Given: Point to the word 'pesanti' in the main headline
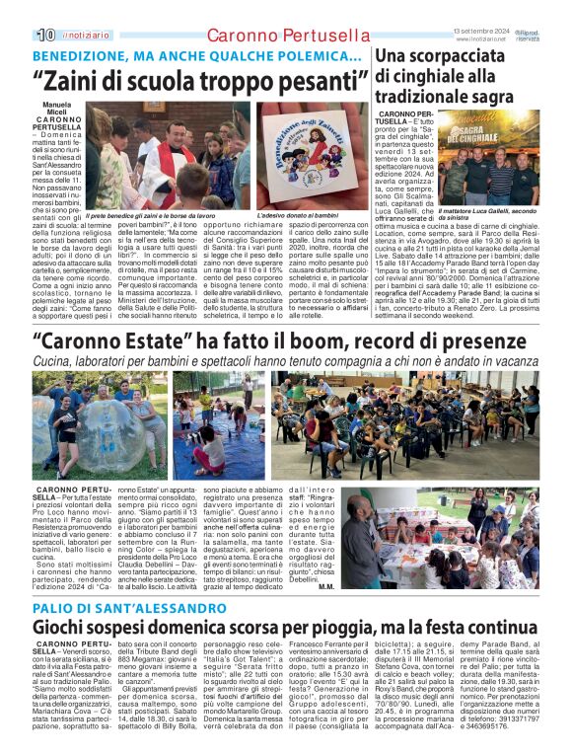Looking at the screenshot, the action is (x=300, y=78).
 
